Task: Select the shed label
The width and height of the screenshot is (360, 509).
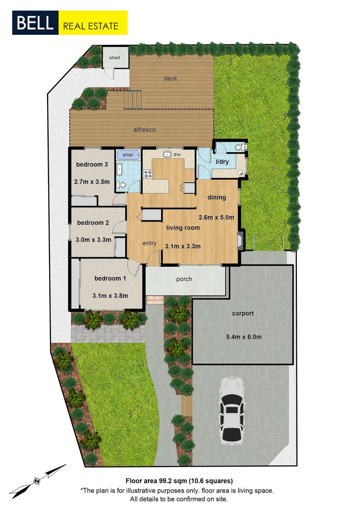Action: point(115,57)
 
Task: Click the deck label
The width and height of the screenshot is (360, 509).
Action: point(170,78)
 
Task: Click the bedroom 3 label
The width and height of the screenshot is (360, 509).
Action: point(92,164)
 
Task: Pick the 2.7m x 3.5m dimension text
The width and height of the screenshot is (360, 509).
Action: point(92,181)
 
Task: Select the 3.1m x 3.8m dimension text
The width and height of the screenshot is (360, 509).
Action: point(111,296)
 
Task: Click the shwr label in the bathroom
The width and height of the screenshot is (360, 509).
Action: point(128,155)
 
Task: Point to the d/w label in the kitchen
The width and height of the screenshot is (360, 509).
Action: point(177,154)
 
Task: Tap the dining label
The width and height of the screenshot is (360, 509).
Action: point(217,197)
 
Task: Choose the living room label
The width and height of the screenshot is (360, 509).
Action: point(183,228)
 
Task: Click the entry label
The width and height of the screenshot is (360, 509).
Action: point(149,243)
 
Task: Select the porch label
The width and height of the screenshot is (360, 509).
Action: point(184,279)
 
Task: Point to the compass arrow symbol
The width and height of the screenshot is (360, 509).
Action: point(37,480)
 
